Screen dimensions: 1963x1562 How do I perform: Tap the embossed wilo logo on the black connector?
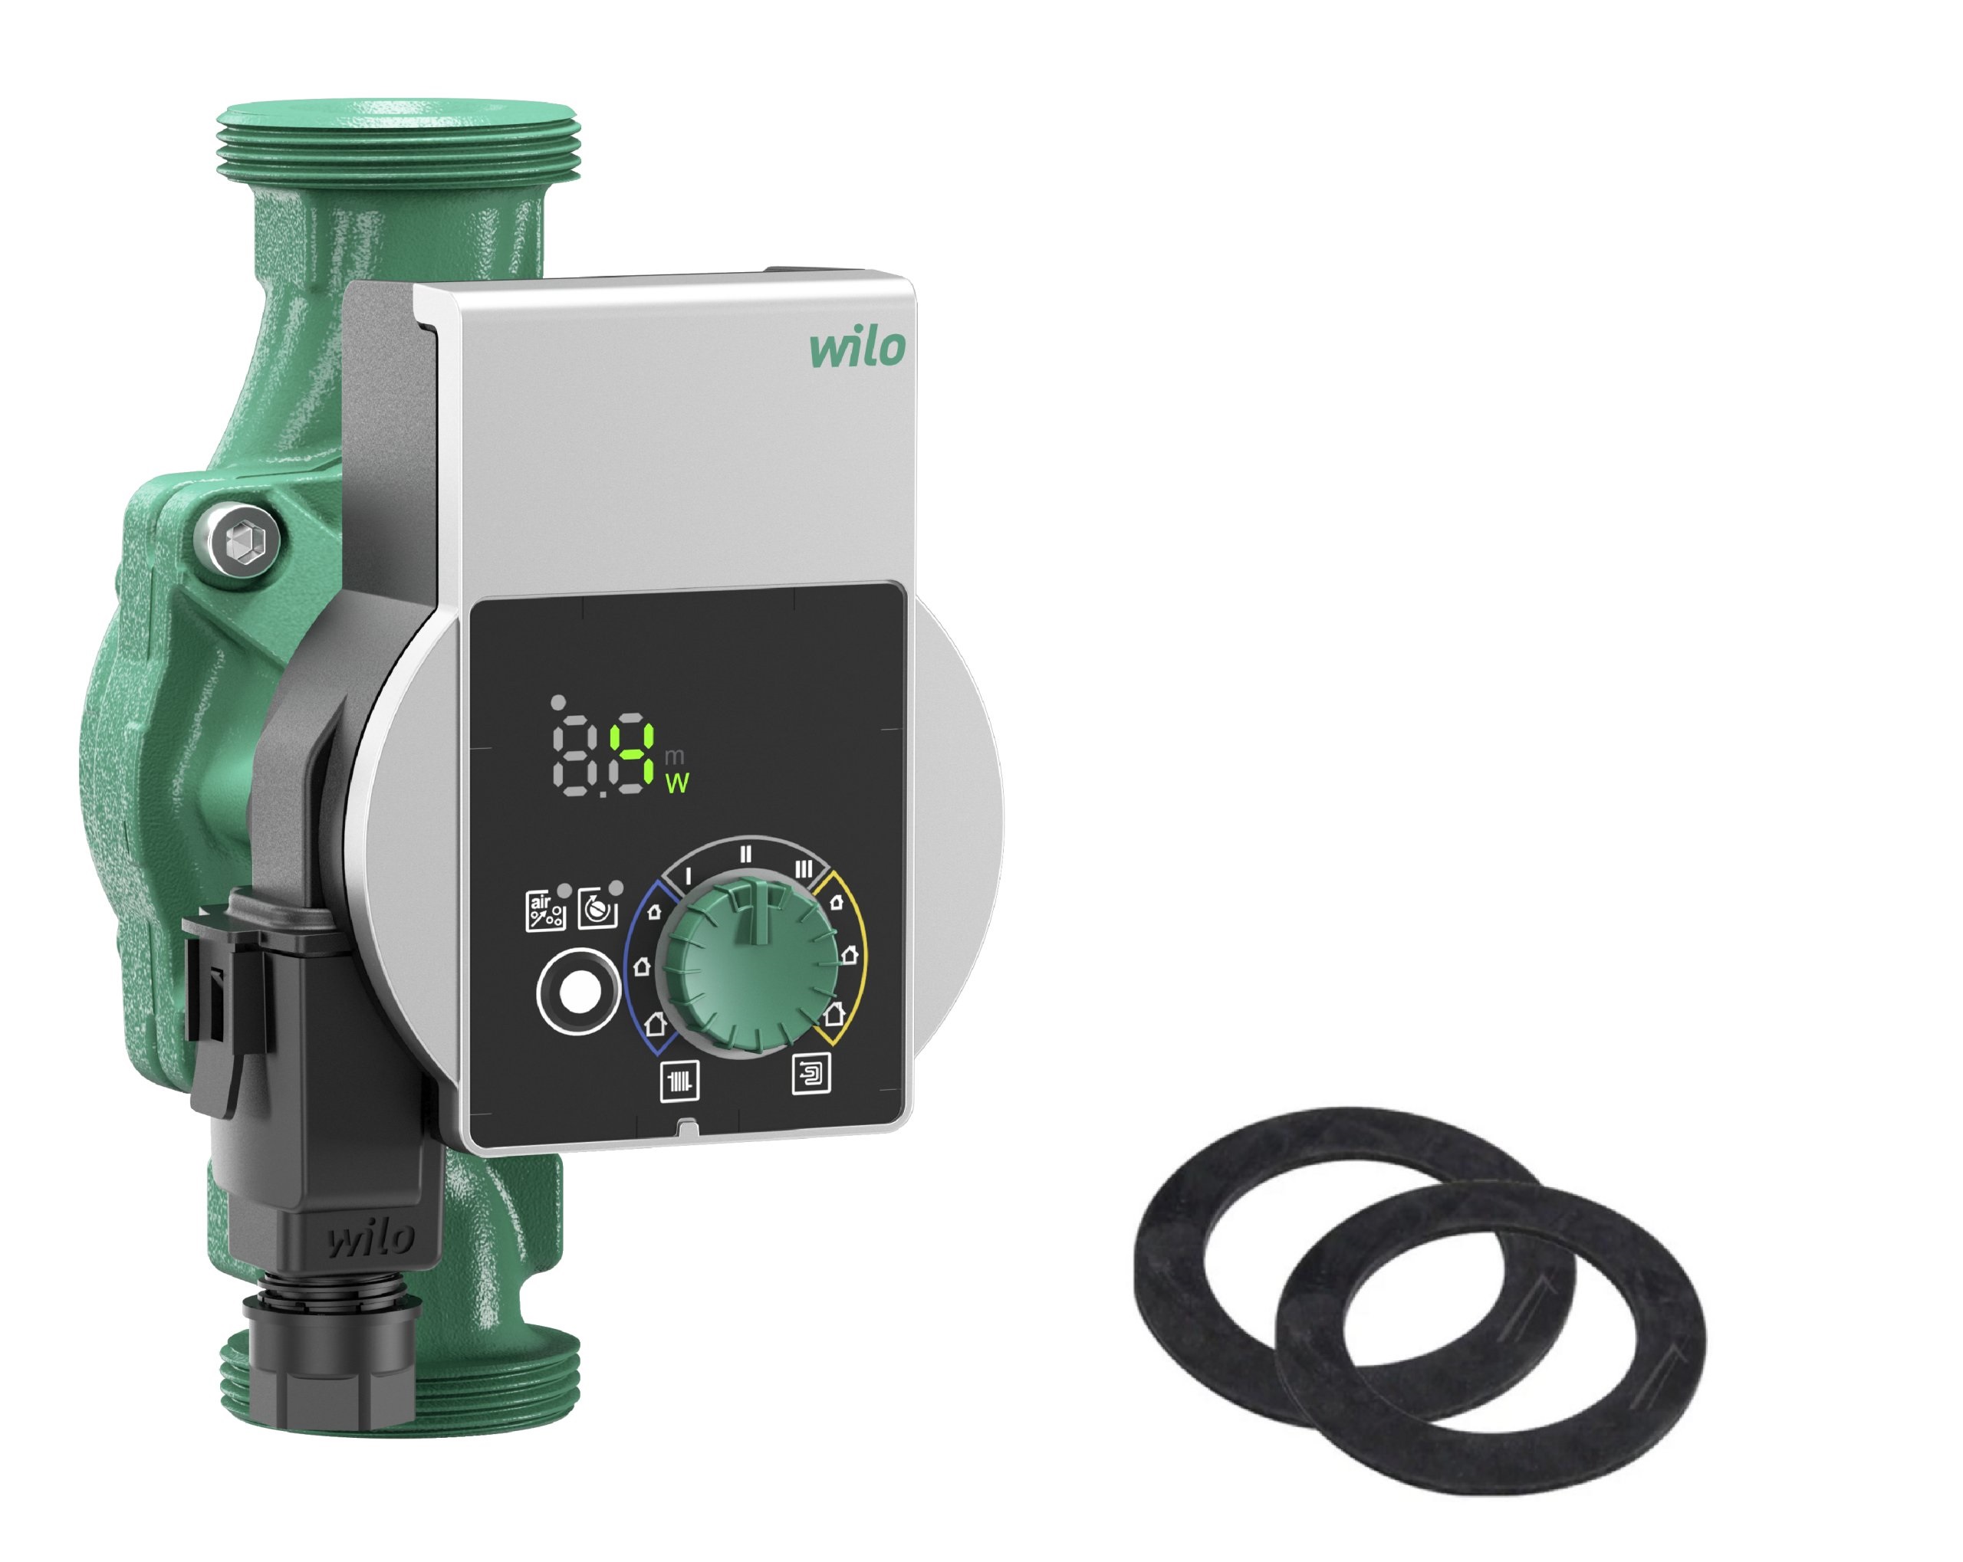(x=370, y=1239)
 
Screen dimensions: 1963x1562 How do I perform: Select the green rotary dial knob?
(x=748, y=961)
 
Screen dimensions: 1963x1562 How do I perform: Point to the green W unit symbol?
(x=676, y=783)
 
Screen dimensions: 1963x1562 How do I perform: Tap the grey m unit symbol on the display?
(x=674, y=756)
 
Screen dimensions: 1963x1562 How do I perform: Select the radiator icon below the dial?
(x=679, y=1081)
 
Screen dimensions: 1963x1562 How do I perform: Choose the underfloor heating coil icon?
(x=811, y=1074)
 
